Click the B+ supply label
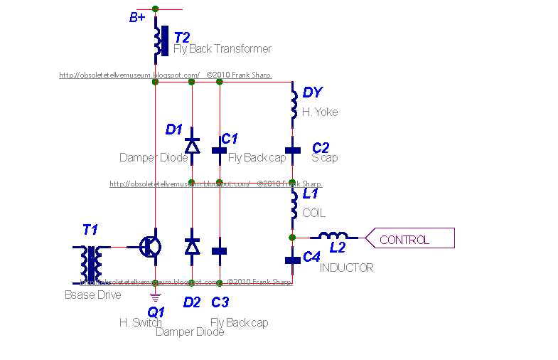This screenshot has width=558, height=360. pyautogui.click(x=138, y=18)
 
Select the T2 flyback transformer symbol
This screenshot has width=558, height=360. pyautogui.click(x=160, y=41)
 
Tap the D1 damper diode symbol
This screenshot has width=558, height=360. pyautogui.click(x=191, y=146)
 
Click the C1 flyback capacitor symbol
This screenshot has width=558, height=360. pyautogui.click(x=220, y=151)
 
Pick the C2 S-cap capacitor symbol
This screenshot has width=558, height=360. pyautogui.click(x=293, y=151)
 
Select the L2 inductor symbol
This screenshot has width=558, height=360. pyautogui.click(x=333, y=237)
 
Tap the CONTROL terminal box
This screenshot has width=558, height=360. pyautogui.click(x=409, y=239)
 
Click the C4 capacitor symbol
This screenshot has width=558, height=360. pyautogui.click(x=292, y=260)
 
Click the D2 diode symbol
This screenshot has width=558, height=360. pyautogui.click(x=191, y=246)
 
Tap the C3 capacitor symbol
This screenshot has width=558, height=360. pyautogui.click(x=220, y=250)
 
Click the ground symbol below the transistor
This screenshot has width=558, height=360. pyautogui.click(x=155, y=293)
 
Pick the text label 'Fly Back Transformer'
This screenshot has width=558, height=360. pyautogui.click(x=222, y=49)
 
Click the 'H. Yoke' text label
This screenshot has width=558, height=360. pyautogui.click(x=320, y=112)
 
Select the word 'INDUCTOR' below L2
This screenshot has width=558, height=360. pyautogui.click(x=346, y=268)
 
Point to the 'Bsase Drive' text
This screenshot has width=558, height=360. pyautogui.click(x=92, y=295)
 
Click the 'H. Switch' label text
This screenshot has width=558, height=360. pyautogui.click(x=141, y=322)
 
